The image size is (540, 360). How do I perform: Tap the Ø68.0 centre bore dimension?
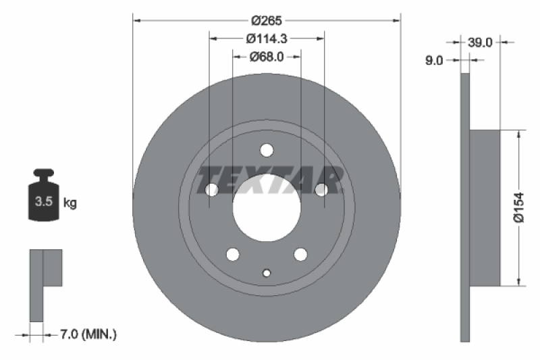click(266, 57)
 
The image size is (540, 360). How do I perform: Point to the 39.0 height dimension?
click(479, 42)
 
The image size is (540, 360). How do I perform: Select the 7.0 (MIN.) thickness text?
click(88, 334)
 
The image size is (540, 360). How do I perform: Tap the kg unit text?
click(70, 202)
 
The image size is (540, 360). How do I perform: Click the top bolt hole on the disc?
click(267, 150)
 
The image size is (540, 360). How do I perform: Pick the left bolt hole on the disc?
click(212, 190)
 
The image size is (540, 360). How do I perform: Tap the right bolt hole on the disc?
click(321, 190)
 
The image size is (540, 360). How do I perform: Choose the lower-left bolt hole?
click(233, 254)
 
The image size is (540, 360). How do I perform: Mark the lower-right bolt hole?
click(300, 254)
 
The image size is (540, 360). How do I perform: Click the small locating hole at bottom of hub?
click(267, 273)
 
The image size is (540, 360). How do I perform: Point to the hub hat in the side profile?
click(484, 208)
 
